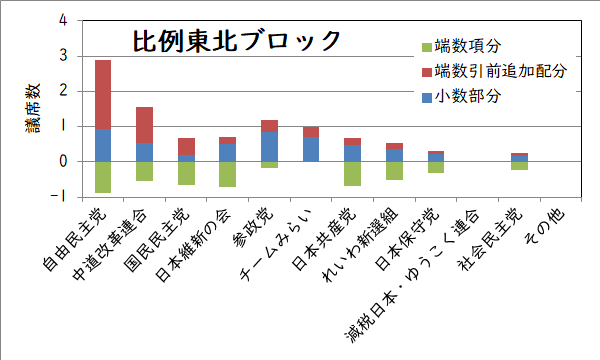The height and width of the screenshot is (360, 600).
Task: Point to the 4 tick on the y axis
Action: [x=64, y=20]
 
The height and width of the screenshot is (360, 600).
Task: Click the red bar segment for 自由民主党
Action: [x=103, y=94]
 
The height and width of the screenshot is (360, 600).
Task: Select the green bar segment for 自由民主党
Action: [x=103, y=176]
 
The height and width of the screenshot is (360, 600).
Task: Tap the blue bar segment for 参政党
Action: [x=269, y=146]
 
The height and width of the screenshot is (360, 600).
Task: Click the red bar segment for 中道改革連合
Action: [x=144, y=125]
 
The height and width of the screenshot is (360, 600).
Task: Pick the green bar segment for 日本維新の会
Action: [x=227, y=174]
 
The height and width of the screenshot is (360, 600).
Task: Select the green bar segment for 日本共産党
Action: [x=351, y=173]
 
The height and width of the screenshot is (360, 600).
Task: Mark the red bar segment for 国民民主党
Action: [x=186, y=147]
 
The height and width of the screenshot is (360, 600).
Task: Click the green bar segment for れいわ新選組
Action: [x=393, y=170]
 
